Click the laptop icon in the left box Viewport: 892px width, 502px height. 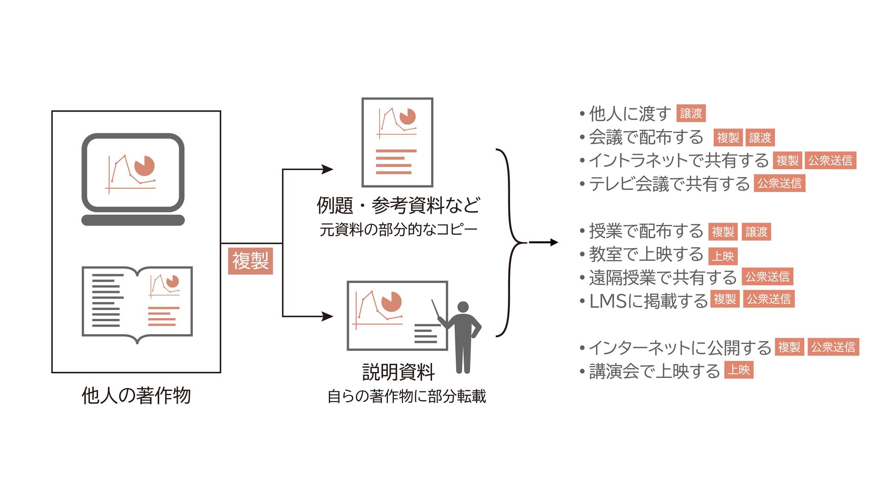(133, 179)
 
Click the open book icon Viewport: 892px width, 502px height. (137, 302)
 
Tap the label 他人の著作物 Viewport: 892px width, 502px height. (136, 396)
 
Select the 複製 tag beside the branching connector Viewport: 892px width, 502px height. (250, 261)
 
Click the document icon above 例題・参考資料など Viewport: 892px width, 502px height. (397, 142)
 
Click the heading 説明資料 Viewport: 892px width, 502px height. (398, 372)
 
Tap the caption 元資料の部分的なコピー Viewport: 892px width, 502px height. (398, 230)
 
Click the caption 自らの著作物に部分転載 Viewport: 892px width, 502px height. (407, 396)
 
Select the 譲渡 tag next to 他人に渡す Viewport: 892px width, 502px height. (691, 113)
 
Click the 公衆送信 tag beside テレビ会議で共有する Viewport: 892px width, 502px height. (779, 184)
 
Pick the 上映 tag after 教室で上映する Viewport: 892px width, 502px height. (723, 256)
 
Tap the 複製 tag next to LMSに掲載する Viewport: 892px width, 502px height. (725, 299)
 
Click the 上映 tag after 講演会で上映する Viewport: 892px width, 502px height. (739, 370)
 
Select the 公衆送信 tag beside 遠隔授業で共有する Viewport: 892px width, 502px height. (767, 277)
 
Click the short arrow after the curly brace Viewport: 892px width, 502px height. (544, 242)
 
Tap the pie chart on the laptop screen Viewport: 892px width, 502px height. (144, 166)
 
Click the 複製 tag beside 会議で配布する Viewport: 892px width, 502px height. (728, 138)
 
